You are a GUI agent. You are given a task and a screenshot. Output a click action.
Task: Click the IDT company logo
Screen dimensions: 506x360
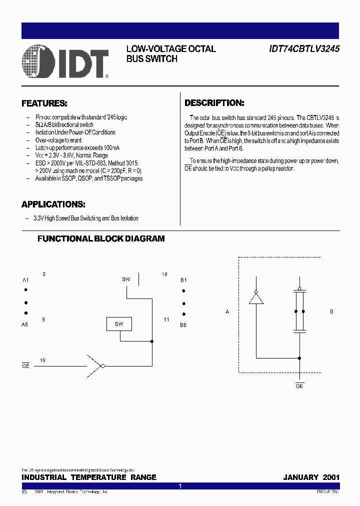[65, 61]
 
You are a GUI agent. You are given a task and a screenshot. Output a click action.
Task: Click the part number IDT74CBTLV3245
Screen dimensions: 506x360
[304, 49]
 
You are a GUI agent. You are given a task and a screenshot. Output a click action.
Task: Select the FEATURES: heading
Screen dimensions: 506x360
[44, 103]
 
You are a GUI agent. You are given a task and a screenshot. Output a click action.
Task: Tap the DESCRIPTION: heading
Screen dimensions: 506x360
[214, 103]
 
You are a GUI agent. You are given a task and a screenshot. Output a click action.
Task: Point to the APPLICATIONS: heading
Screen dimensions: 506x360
[53, 204]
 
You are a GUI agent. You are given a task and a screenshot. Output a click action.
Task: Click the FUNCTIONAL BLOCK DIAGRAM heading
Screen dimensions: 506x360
[101, 238]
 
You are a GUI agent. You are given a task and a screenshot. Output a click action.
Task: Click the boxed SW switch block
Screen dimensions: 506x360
[118, 324]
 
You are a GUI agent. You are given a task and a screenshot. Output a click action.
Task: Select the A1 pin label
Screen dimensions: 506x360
[25, 280]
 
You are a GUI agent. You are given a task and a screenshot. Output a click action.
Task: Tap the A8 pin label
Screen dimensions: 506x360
[25, 324]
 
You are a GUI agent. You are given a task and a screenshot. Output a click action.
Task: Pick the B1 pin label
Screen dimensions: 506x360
[183, 280]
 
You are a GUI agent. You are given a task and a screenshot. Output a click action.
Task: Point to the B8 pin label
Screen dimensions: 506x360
[183, 325]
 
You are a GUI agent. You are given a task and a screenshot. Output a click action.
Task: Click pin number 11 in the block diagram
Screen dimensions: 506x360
[166, 319]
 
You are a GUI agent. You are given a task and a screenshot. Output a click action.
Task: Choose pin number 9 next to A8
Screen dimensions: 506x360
[43, 319]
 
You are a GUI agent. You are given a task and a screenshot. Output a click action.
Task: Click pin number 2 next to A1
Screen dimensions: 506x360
[44, 274]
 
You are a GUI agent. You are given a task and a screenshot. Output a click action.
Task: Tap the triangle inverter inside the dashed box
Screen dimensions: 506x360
[256, 298]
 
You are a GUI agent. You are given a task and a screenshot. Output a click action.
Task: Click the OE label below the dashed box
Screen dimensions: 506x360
[299, 386]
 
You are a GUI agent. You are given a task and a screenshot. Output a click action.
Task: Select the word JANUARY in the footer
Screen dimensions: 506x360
[300, 477]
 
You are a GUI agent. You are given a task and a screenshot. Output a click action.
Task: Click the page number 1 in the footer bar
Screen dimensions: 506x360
[180, 486]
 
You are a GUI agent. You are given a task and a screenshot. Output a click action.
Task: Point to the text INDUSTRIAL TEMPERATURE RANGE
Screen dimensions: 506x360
[89, 477]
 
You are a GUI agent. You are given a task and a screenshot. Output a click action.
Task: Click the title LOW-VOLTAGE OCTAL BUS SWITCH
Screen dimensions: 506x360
[171, 53]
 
